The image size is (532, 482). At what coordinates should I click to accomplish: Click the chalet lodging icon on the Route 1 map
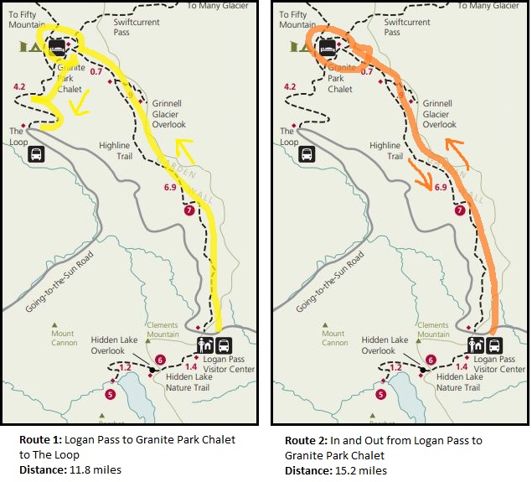(x=57, y=48)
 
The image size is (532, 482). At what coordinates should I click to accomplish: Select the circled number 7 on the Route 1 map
(x=189, y=210)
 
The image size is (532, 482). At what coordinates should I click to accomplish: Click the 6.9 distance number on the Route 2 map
(x=440, y=187)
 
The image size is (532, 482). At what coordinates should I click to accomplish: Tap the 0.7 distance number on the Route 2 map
(x=366, y=72)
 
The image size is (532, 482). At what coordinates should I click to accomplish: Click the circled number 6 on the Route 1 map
(x=160, y=360)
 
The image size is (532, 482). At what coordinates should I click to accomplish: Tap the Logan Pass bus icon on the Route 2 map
(x=494, y=345)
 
